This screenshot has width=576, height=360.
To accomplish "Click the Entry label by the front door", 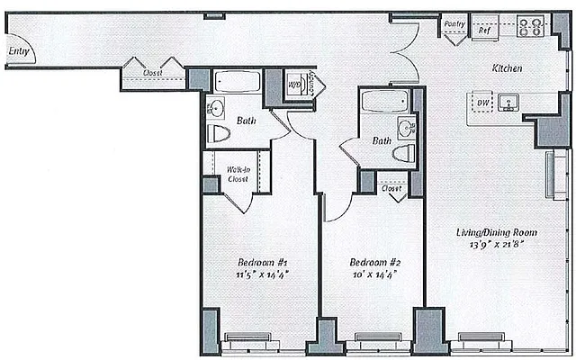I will coord(18,51).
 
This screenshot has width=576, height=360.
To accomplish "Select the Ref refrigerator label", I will coord(483,30).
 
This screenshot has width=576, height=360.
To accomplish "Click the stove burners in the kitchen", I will coord(530,27).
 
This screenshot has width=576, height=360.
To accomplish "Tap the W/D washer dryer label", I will coord(293,85).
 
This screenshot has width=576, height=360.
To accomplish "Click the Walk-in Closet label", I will coord(238,174).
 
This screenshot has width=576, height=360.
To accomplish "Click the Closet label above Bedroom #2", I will coord(391,189).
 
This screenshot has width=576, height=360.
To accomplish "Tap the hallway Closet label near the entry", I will coord(152,72).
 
